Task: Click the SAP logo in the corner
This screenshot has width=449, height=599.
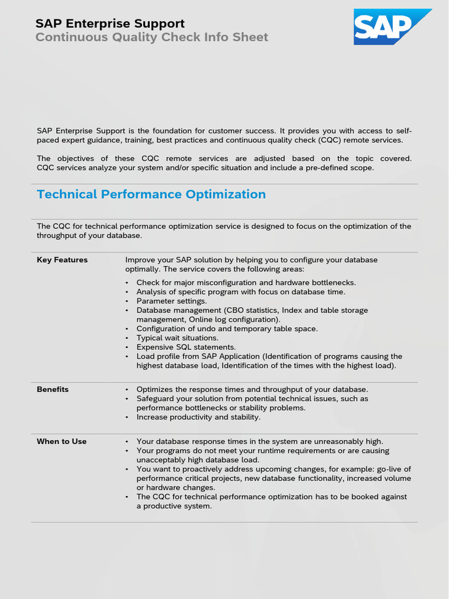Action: (x=392, y=27)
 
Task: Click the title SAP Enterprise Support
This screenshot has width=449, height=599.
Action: (x=110, y=23)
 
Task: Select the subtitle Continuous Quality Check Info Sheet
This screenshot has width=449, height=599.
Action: (x=151, y=37)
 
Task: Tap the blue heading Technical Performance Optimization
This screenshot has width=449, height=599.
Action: (x=151, y=194)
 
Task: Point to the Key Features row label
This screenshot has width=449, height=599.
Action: (x=62, y=260)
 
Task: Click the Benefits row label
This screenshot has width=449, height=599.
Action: (x=53, y=390)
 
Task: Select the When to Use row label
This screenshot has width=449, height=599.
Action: (x=61, y=442)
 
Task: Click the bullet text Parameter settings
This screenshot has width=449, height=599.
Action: (x=171, y=301)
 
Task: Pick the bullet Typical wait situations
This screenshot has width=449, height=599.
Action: (x=177, y=338)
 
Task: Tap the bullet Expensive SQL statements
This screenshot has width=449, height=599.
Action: (x=186, y=347)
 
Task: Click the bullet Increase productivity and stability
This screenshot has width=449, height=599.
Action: (x=198, y=418)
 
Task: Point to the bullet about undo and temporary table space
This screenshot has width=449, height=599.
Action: (x=227, y=329)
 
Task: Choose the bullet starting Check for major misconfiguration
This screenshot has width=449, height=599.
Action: (x=246, y=283)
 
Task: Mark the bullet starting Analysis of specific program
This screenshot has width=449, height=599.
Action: (x=240, y=292)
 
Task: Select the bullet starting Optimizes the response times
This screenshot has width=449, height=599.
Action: (x=252, y=390)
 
